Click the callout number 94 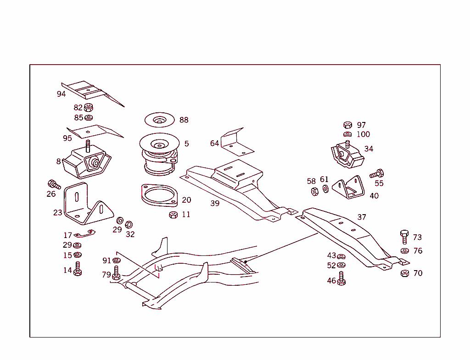click(x=61, y=94)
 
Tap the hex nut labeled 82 click(x=89, y=108)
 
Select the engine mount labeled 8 click(x=87, y=163)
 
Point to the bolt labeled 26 click(x=54, y=184)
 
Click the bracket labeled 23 click(x=87, y=205)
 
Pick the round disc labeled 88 click(x=159, y=120)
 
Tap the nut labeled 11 click(x=173, y=215)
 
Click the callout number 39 click(x=215, y=204)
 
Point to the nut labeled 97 click(x=347, y=125)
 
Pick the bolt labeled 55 click(x=377, y=174)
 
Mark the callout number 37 click(x=362, y=217)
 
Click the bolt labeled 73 click(x=404, y=237)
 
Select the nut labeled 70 click(x=404, y=273)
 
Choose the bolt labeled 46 click(x=341, y=279)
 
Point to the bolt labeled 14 click(x=78, y=269)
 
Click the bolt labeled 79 click(x=116, y=273)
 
